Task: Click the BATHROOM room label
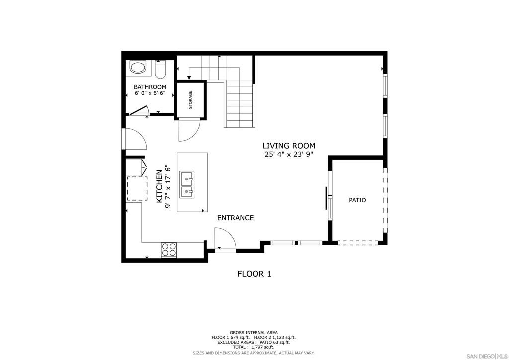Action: tap(150, 87)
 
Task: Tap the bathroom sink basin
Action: tap(138, 67)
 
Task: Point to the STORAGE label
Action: tap(190, 100)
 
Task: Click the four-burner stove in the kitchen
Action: tap(169, 250)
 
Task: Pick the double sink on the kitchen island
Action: tap(187, 184)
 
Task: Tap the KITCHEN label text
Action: tap(159, 186)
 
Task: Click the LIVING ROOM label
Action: tap(289, 146)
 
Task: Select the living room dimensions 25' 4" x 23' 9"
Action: tap(289, 154)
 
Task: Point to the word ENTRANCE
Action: tap(235, 218)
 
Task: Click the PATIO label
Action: tap(357, 200)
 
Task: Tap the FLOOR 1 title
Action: tap(254, 274)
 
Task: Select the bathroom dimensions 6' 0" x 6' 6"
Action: tap(150, 93)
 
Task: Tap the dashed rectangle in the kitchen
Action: tap(137, 188)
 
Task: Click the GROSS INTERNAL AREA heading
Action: tap(254, 333)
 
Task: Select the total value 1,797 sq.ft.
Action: tap(263, 347)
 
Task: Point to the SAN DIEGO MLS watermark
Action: tap(487, 356)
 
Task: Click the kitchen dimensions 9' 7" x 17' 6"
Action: tap(168, 186)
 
